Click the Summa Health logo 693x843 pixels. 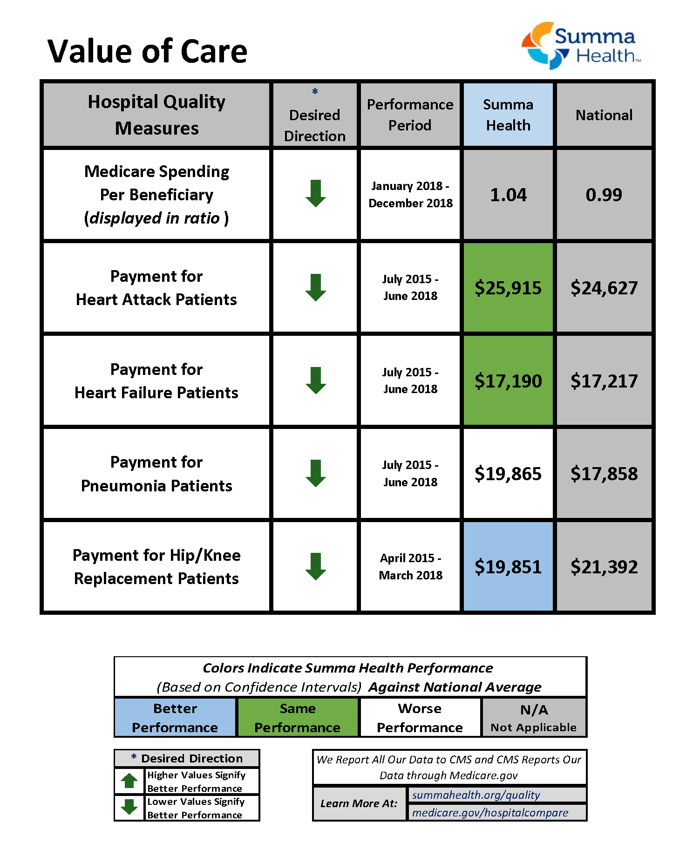pyautogui.click(x=581, y=46)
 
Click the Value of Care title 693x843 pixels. pyautogui.click(x=147, y=51)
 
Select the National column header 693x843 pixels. pyautogui.click(x=604, y=115)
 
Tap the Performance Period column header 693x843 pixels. pyautogui.click(x=410, y=115)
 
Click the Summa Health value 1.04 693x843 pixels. pyautogui.click(x=508, y=195)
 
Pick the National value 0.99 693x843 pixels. pyautogui.click(x=604, y=195)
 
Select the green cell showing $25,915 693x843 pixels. pyautogui.click(x=508, y=288)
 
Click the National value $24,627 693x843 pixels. pyautogui.click(x=604, y=288)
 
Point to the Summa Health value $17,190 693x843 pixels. pyautogui.click(x=508, y=381)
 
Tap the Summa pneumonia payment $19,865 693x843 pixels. pyautogui.click(x=508, y=474)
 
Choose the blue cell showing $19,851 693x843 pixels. pyautogui.click(x=508, y=567)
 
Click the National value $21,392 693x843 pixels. pyautogui.click(x=604, y=567)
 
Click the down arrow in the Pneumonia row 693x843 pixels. pyautogui.click(x=316, y=473)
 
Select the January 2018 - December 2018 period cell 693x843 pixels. pyautogui.click(x=410, y=194)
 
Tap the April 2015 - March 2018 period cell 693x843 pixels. pyautogui.click(x=410, y=566)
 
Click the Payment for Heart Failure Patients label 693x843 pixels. pyautogui.click(x=156, y=381)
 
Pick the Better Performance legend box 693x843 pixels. pyautogui.click(x=175, y=718)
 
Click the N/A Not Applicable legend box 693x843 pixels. pyautogui.click(x=534, y=718)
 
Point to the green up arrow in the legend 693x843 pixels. pyautogui.click(x=129, y=781)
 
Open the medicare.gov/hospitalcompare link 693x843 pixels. pyautogui.click(x=490, y=813)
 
